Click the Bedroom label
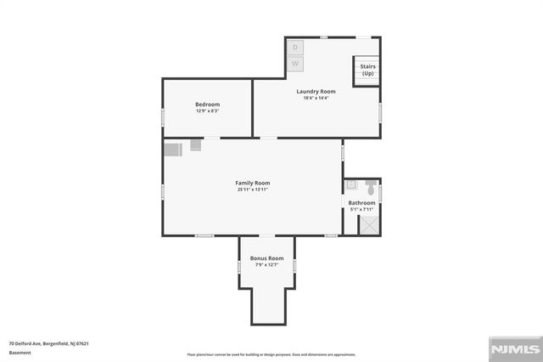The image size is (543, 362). (207, 104)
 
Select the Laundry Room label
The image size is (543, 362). (316, 91)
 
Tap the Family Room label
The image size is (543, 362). (253, 183)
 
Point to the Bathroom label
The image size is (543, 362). (361, 202)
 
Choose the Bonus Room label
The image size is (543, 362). (266, 258)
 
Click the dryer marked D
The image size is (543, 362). (295, 48)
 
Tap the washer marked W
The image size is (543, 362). (295, 64)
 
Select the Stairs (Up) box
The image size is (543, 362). (367, 70)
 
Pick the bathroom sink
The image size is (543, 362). (351, 184)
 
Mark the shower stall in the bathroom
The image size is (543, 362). (370, 223)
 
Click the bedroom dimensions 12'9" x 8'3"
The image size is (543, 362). (207, 110)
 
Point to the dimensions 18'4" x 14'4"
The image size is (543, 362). (316, 98)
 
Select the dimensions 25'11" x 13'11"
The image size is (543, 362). (253, 189)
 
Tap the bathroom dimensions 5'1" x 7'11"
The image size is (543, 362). (361, 209)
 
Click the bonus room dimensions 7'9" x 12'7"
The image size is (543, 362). (266, 265)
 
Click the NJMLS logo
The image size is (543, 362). (514, 349)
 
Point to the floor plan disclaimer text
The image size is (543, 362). (272, 354)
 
